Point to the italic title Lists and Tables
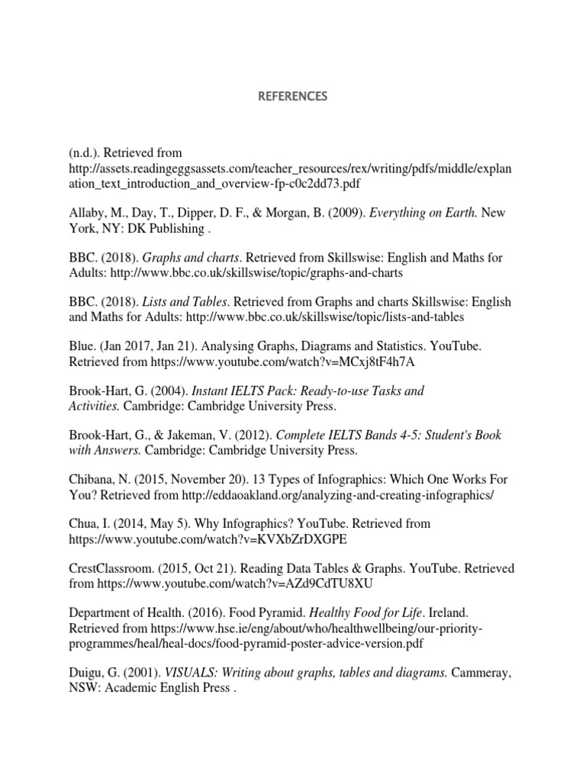tap(175, 302)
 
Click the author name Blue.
tap(82, 346)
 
